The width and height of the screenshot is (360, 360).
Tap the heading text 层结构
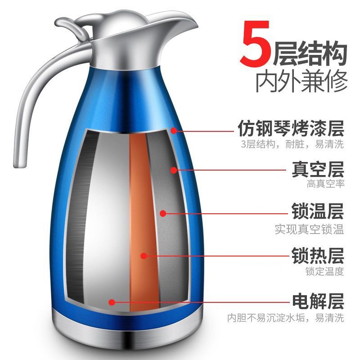coord(310,53)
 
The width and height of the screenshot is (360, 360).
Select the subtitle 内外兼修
coord(301,81)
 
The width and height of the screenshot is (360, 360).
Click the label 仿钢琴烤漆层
coord(291,128)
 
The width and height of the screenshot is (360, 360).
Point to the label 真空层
coord(318,170)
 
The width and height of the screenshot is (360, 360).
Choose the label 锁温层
coord(318,211)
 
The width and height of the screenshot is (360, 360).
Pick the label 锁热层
coord(318,255)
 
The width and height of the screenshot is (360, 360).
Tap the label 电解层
coord(318,301)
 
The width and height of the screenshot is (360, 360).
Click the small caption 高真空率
coord(325,184)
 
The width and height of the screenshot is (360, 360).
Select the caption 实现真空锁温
coord(310,229)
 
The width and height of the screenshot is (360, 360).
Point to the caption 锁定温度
coord(324,271)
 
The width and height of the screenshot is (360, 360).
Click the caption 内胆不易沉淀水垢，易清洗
coord(286,318)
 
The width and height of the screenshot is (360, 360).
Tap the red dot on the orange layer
coord(144,256)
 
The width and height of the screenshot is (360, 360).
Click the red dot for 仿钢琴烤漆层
coord(174,130)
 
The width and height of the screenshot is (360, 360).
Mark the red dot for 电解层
coord(112,302)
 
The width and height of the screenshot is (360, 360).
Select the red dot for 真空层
coord(174,170)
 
